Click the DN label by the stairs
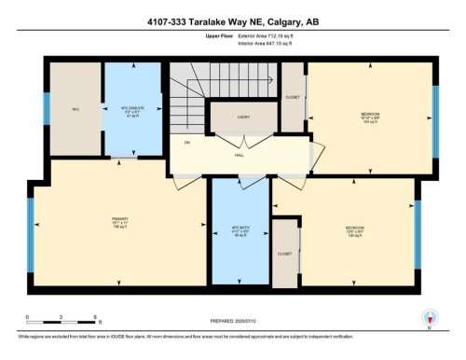187,143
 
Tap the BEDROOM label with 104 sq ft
370,118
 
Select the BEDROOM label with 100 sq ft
354,229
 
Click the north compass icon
430,318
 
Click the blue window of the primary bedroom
32,226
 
